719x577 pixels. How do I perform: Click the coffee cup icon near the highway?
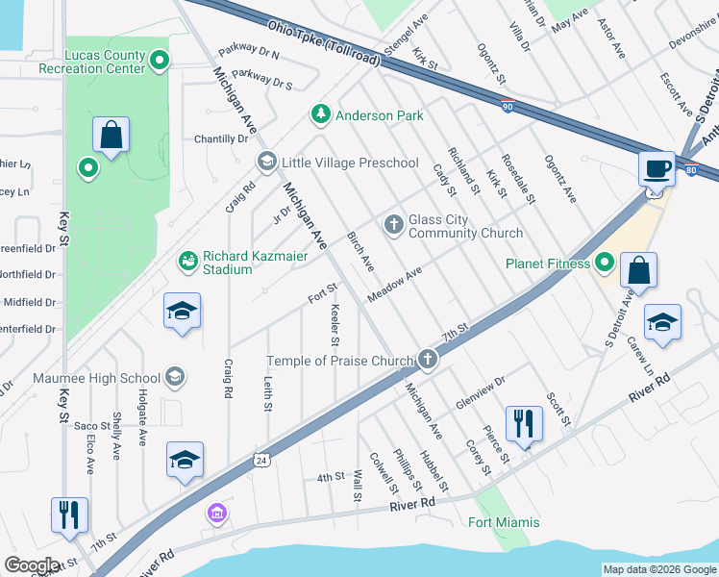tap(657, 169)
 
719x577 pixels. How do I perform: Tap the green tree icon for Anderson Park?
tap(320, 114)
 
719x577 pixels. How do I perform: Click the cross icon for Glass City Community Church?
tap(392, 225)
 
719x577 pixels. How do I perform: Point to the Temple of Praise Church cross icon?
tap(427, 361)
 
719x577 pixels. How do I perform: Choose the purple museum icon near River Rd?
tap(216, 514)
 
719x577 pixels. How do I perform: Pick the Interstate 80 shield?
tap(690, 170)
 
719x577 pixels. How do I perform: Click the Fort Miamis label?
tap(504, 522)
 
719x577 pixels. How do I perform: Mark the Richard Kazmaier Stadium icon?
tap(187, 261)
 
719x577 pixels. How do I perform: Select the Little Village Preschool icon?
tap(265, 162)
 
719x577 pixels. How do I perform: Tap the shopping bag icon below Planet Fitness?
tap(638, 272)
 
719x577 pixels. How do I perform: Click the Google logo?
tap(32, 565)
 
